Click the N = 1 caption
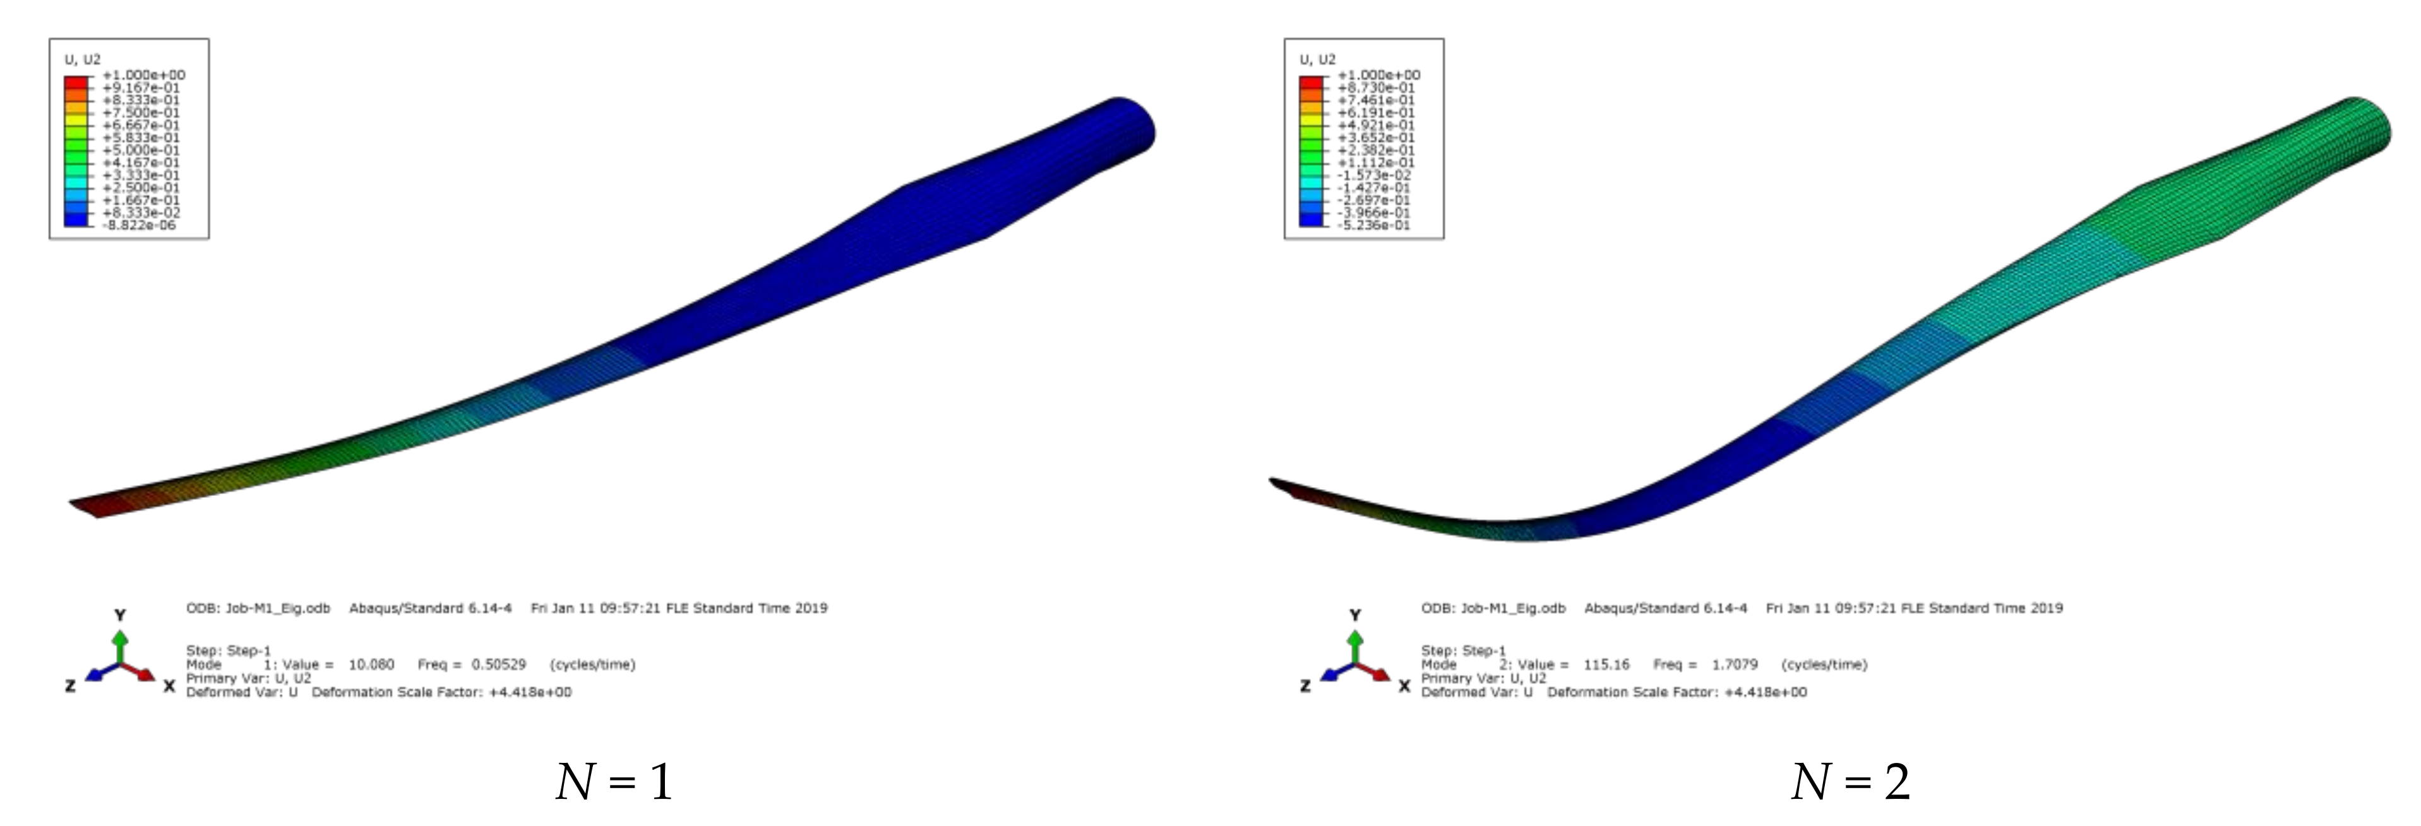click(614, 782)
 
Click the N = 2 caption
click(1850, 782)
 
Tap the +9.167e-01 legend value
click(141, 87)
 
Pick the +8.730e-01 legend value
click(1376, 87)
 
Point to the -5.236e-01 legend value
click(1374, 225)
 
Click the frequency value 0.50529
click(498, 664)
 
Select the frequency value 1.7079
click(1734, 664)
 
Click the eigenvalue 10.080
click(371, 664)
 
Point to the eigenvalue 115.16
click(1606, 664)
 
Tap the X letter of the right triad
click(1404, 687)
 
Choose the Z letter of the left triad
click(69, 687)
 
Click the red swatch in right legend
click(1311, 82)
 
